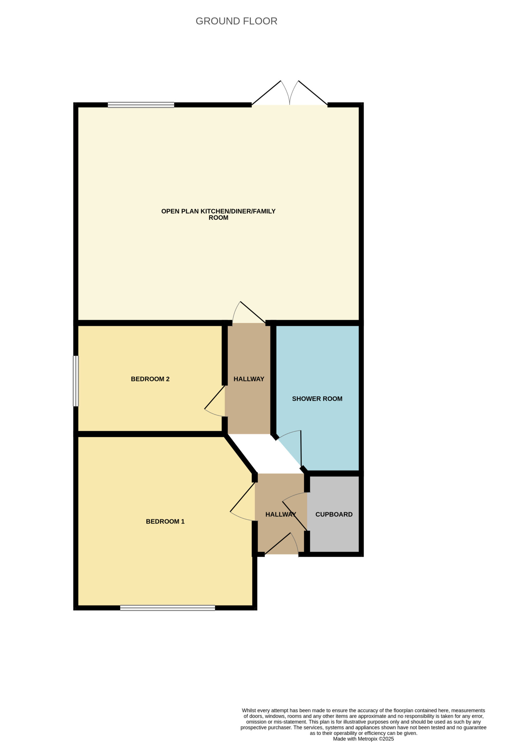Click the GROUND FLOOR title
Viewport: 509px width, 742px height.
click(x=236, y=21)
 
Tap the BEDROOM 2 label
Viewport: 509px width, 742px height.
click(x=150, y=379)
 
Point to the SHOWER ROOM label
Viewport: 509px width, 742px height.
click(x=317, y=399)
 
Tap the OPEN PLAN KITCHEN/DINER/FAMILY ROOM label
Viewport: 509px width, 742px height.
click(x=218, y=214)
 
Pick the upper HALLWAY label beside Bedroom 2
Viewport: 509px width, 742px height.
click(x=249, y=379)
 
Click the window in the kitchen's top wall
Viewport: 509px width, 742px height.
click(x=141, y=105)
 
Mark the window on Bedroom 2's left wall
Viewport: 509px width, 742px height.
click(x=76, y=381)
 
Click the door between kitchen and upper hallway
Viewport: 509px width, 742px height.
click(x=249, y=312)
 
